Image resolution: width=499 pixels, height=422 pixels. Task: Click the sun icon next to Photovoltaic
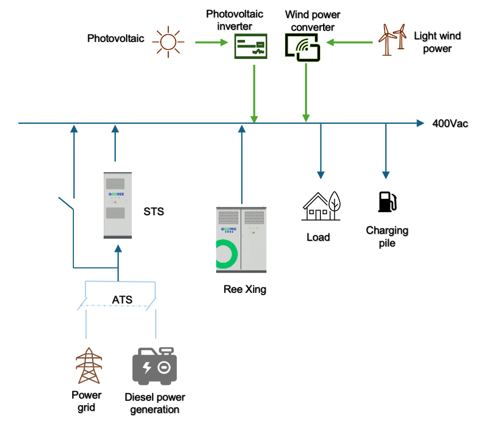point(168,41)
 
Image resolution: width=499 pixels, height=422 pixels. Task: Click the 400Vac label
point(450,124)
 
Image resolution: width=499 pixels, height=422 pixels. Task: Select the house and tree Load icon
point(322,206)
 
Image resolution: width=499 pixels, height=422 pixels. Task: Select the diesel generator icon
point(154,367)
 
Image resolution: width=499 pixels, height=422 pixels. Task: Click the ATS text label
point(122,300)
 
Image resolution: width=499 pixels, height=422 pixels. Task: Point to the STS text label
point(154,212)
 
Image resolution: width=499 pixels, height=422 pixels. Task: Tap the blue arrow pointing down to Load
point(320,151)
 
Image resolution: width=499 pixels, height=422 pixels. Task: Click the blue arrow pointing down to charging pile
point(386,151)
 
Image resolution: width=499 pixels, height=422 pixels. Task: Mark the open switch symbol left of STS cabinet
point(66,204)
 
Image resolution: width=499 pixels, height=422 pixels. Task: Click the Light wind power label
point(437,42)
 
